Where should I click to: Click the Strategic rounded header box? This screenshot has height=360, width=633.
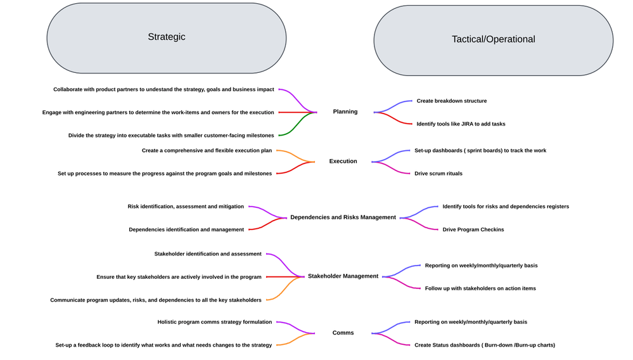[166, 37]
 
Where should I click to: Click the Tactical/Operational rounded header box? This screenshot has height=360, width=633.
[493, 39]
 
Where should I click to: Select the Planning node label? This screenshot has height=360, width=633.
[345, 112]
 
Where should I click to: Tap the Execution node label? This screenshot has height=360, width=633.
[343, 162]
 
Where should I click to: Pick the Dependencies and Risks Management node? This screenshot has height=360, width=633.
[343, 217]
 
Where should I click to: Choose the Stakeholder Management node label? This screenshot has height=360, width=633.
[343, 276]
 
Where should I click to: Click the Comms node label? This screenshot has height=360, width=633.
[343, 333]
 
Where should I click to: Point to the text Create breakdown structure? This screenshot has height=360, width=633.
[451, 101]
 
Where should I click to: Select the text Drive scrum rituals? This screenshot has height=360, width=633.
[438, 174]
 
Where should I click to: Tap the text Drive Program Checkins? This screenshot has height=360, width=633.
[473, 229]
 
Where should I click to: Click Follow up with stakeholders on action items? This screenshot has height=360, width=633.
[480, 288]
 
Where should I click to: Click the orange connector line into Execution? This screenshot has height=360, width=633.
[295, 155]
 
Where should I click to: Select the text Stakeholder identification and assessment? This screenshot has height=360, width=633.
[208, 254]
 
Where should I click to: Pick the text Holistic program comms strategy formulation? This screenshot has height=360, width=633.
[215, 322]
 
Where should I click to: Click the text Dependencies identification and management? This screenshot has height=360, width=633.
[186, 229]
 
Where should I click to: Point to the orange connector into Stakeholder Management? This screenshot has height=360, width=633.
[285, 289]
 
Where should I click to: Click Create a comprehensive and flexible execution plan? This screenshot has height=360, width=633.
[207, 151]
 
